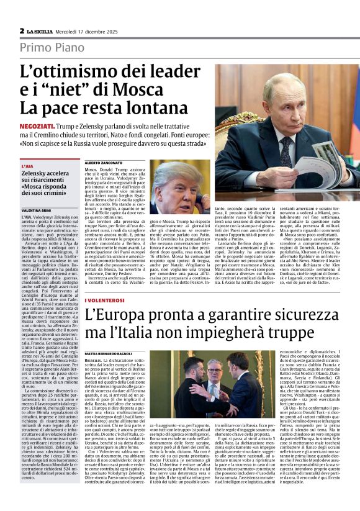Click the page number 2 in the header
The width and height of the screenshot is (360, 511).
22,30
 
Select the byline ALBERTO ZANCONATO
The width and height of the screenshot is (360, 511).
104,161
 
